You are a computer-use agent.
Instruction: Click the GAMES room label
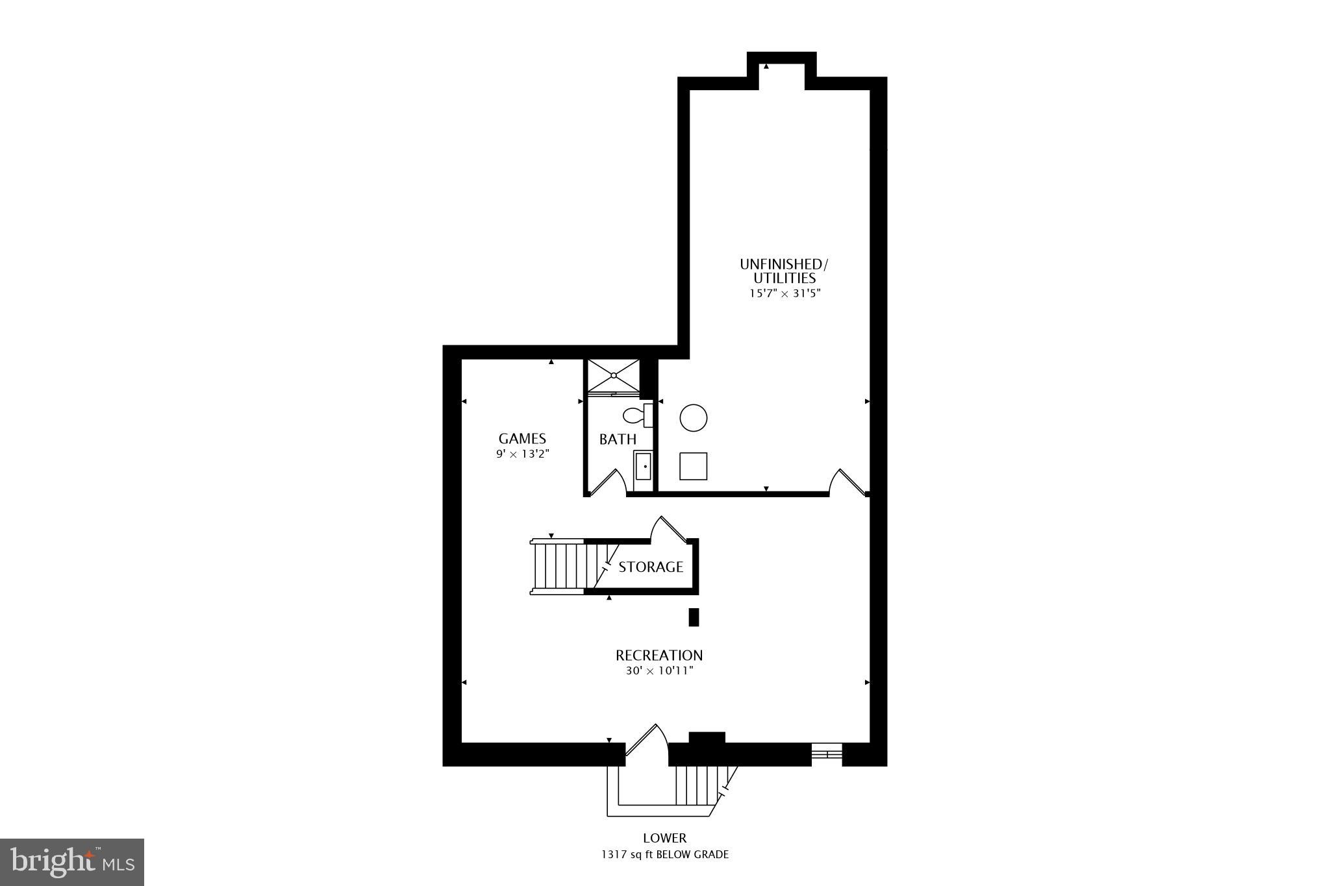[522, 439]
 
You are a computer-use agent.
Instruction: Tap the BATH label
[618, 440]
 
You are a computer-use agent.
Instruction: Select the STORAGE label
[651, 567]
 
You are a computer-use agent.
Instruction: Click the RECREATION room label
[659, 656]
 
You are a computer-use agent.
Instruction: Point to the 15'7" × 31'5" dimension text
[785, 293]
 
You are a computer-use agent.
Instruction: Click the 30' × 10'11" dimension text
[660, 671]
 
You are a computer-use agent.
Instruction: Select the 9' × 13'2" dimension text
[523, 454]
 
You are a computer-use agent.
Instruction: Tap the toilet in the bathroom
[637, 415]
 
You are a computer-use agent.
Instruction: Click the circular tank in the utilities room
[694, 417]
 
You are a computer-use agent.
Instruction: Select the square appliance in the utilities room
[694, 466]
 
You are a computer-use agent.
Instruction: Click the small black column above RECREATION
[694, 617]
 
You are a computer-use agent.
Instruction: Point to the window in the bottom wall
[827, 754]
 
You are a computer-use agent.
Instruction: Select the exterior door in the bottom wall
[647, 743]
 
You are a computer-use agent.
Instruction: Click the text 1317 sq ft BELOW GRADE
[664, 855]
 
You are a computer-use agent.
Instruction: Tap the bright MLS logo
[72, 862]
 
